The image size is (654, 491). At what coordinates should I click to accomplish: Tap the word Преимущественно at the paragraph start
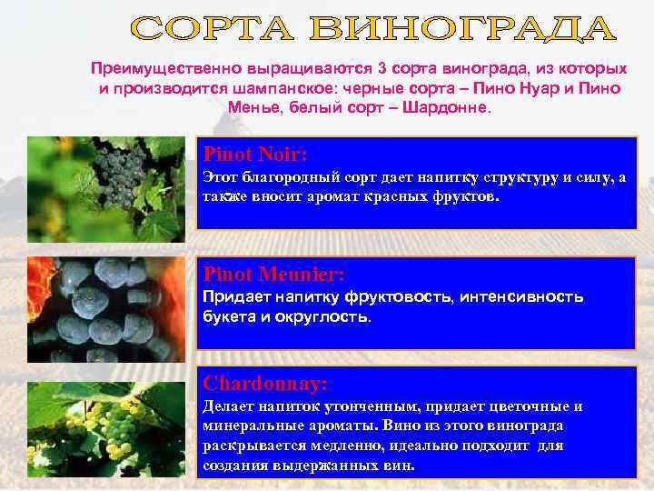click(157, 69)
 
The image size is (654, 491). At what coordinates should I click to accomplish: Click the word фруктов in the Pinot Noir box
click(462, 195)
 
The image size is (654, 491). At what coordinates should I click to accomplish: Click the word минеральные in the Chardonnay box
click(250, 426)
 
